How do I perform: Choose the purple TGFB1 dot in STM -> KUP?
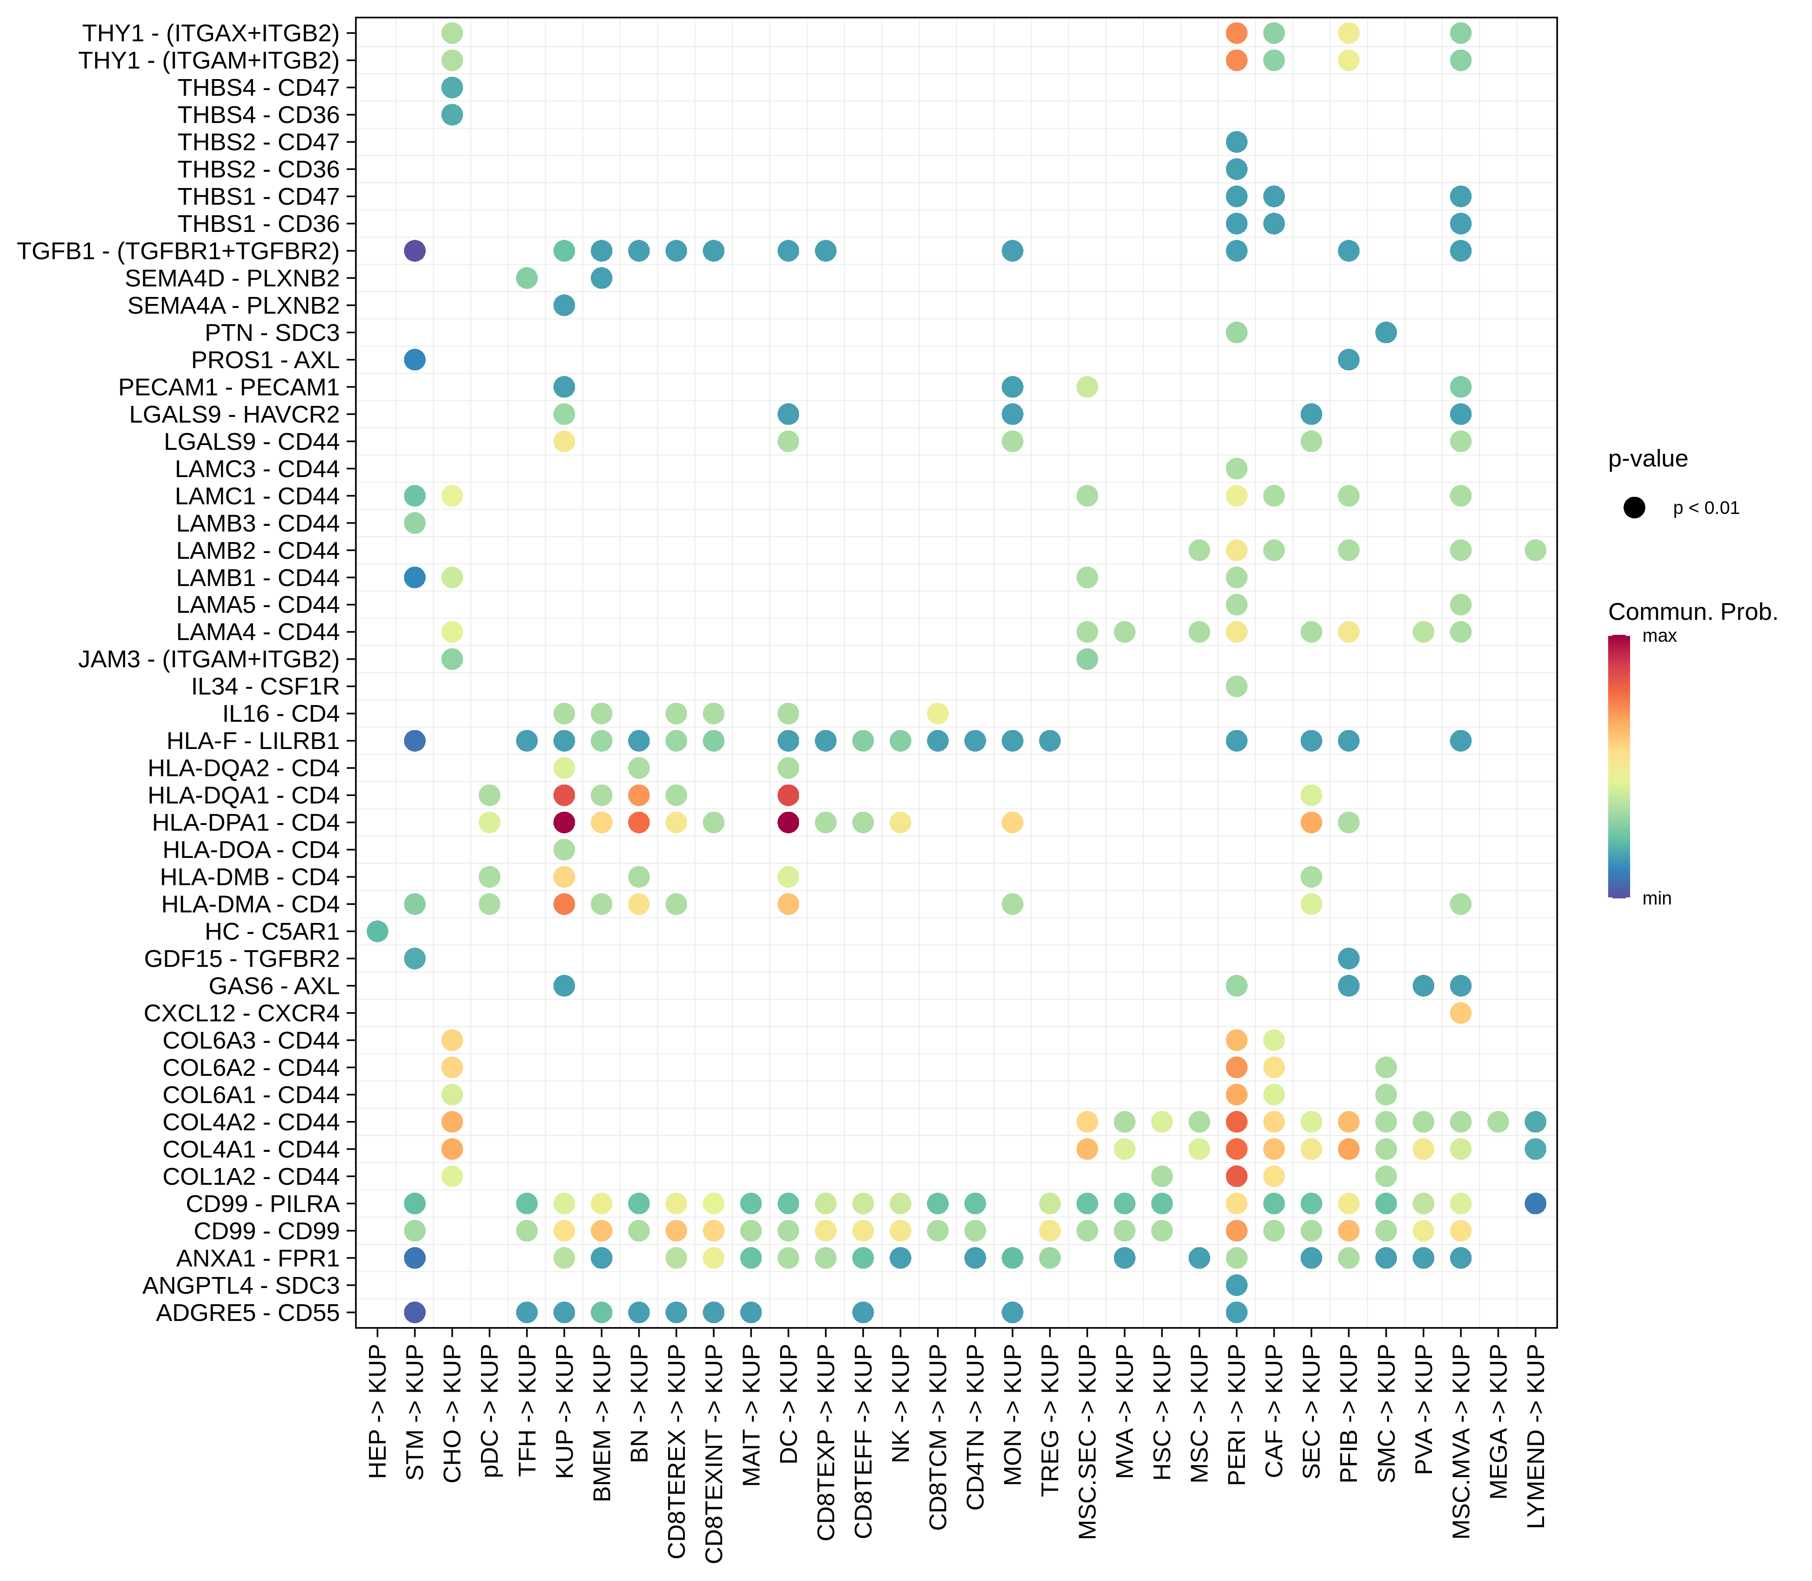[x=415, y=250]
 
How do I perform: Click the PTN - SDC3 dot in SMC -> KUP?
[x=1386, y=333]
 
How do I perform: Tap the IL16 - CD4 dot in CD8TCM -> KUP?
[x=938, y=713]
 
